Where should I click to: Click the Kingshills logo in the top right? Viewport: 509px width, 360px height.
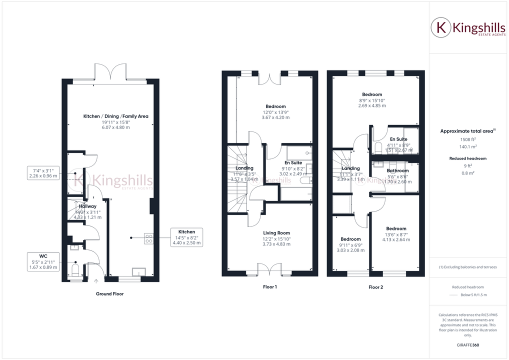pos(468,28)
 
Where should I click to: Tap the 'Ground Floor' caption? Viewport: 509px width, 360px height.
pos(109,294)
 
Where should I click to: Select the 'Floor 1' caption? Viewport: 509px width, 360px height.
pos(269,287)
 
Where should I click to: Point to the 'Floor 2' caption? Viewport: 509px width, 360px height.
pos(375,287)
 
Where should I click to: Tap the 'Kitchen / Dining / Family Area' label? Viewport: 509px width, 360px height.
pos(115,116)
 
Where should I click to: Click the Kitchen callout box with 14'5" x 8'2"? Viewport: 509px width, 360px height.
pos(186,237)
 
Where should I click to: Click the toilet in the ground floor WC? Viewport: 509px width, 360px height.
pos(75,270)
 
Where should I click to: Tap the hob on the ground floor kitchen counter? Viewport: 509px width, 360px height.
pos(148,238)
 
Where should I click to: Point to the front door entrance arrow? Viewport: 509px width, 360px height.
pos(96,281)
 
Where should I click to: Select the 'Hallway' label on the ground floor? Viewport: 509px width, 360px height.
pos(87,206)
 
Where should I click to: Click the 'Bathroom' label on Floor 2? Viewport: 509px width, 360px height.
pos(397,170)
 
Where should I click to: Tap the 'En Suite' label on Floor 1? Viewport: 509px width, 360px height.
pos(293,163)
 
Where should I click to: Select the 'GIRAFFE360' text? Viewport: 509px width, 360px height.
pos(468,345)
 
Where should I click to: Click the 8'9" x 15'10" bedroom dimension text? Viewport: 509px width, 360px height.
pos(372,100)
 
